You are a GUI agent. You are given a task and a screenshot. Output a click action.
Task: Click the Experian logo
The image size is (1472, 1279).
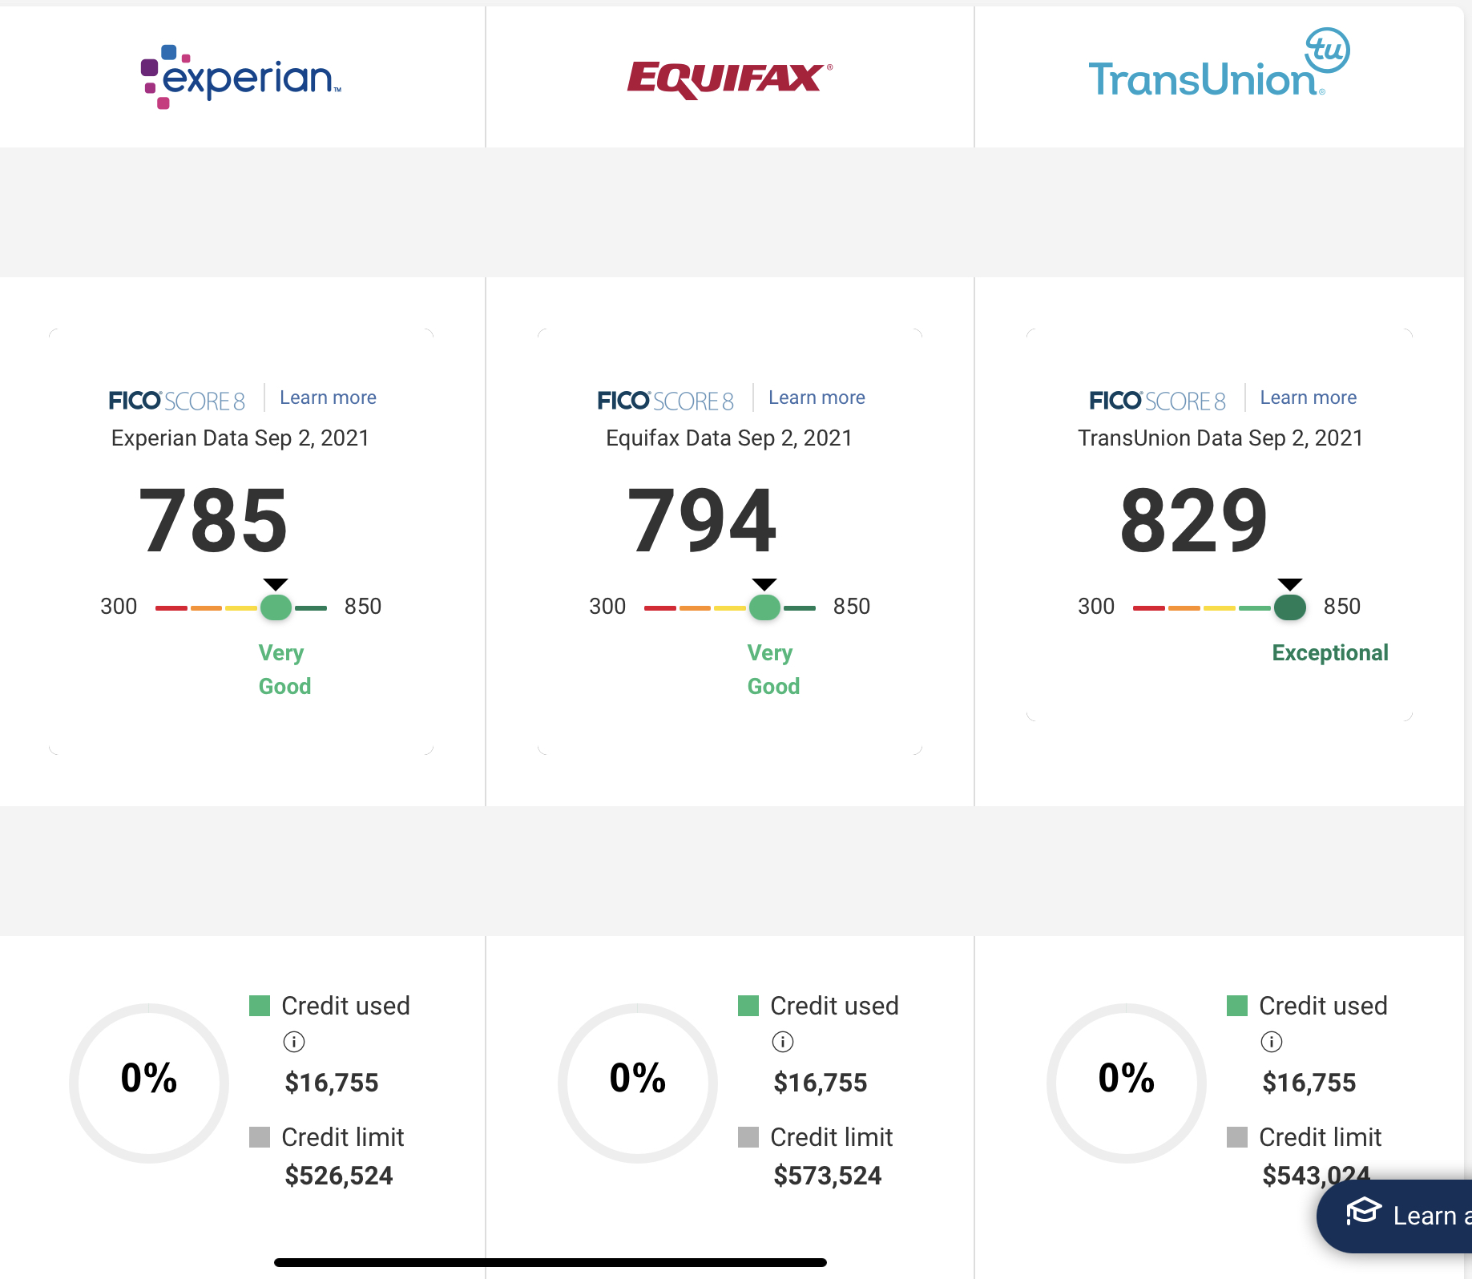click(240, 77)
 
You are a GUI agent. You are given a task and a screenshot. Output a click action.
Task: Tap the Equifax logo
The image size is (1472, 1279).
click(728, 79)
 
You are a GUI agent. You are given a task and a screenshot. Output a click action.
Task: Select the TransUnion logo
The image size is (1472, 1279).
click(1217, 68)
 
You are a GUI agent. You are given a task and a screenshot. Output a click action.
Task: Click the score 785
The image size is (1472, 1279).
click(213, 521)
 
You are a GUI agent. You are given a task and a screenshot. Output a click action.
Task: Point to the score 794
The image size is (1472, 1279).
click(702, 521)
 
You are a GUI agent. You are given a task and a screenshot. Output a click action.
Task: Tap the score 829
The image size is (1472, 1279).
click(1194, 521)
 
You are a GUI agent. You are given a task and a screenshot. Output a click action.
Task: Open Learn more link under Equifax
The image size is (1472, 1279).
click(817, 397)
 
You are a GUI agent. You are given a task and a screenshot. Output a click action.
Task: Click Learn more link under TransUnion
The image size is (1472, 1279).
click(1308, 397)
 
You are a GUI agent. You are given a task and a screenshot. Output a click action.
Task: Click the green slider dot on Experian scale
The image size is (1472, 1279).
click(276, 607)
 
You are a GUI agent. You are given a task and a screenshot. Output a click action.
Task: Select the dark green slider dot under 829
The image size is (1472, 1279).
click(1289, 607)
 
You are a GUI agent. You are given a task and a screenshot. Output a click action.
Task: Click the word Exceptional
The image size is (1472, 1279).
click(1329, 652)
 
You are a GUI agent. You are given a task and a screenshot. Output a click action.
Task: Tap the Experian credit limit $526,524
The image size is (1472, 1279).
click(339, 1176)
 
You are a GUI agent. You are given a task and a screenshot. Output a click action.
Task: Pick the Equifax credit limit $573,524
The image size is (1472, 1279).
click(827, 1176)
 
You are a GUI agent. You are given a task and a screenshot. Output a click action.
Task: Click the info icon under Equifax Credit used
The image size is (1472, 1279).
click(782, 1042)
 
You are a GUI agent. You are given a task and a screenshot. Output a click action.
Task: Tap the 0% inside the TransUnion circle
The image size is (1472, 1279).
click(1126, 1078)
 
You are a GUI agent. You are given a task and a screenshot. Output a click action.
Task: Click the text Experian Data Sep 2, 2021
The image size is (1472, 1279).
click(240, 438)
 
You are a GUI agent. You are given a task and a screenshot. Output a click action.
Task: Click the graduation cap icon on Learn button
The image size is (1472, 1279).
click(1363, 1211)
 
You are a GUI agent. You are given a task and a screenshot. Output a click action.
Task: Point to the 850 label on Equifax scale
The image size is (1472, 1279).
click(851, 607)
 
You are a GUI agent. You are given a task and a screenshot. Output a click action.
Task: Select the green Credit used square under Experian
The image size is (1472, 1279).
click(260, 1006)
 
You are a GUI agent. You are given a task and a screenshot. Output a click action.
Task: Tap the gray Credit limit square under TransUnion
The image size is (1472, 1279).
click(1236, 1137)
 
